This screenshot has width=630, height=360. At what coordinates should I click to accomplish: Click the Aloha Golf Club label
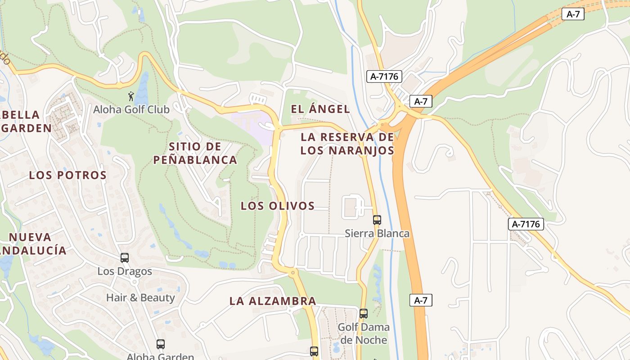(x=131, y=109)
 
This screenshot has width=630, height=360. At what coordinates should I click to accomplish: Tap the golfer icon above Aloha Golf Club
(x=131, y=96)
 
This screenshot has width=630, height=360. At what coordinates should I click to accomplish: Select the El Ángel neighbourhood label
(x=320, y=109)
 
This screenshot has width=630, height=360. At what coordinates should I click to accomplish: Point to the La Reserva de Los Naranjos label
(x=347, y=144)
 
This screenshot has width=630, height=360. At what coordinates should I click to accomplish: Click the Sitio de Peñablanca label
(x=195, y=153)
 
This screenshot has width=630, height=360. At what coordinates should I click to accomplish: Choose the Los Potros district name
(x=68, y=175)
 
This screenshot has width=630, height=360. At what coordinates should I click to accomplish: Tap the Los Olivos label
(x=277, y=206)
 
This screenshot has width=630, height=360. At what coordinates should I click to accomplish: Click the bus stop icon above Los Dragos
(x=125, y=258)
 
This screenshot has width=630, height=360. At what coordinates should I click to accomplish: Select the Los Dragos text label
(x=125, y=272)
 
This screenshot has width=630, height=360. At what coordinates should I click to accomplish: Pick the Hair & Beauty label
(x=140, y=297)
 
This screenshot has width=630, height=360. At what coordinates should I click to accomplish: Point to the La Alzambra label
(x=273, y=301)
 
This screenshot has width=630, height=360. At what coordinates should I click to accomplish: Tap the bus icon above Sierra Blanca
(x=377, y=220)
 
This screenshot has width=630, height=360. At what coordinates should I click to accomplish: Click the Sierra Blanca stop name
(x=377, y=234)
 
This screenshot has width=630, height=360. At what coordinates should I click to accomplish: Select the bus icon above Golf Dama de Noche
(x=364, y=314)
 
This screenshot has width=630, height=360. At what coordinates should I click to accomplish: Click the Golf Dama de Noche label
(x=364, y=333)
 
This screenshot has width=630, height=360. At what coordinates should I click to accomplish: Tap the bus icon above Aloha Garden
(x=161, y=344)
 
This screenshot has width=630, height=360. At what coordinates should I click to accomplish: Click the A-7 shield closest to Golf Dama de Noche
(x=421, y=300)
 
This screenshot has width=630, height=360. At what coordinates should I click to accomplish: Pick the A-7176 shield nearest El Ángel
(x=384, y=76)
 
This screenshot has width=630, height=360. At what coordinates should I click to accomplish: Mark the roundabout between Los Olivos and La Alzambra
(x=293, y=272)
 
